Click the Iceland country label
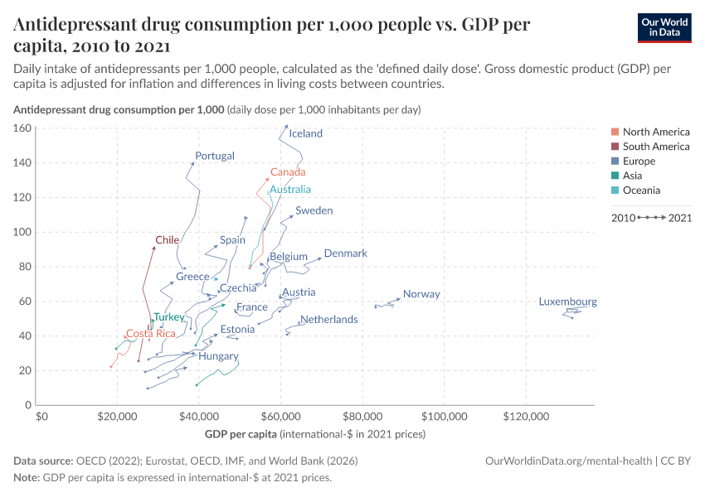coord(305,133)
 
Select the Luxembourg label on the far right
coord(567,302)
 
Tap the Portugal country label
coord(215,156)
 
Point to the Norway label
coord(421,294)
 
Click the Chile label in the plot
coord(168,240)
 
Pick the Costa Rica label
coord(150,334)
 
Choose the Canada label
coord(288,172)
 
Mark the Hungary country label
coord(218,356)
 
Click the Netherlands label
coord(329,319)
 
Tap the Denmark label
coord(345,253)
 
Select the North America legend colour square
coord(614,132)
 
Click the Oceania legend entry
coord(641,190)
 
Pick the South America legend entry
coord(655,147)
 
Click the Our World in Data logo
coord(664,27)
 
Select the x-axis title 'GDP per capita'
coord(241,434)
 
